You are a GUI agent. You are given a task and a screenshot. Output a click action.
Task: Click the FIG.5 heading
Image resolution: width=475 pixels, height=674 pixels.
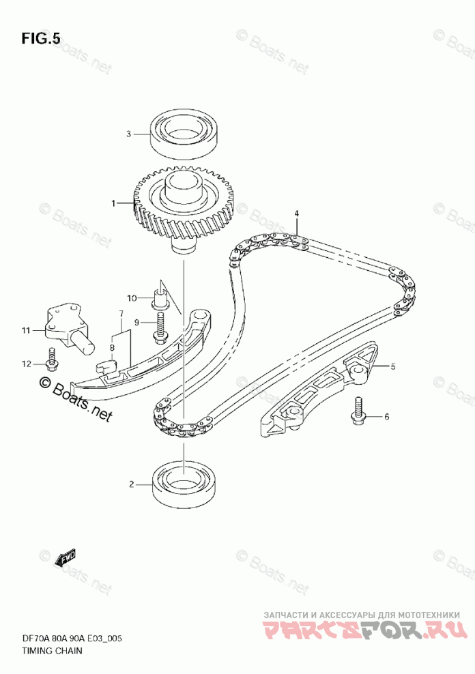pos(40,39)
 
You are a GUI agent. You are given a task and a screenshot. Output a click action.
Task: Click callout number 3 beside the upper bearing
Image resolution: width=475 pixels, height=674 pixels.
pos(128,134)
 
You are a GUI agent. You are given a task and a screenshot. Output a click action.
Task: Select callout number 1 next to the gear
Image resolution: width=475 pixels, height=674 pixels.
pos(115,203)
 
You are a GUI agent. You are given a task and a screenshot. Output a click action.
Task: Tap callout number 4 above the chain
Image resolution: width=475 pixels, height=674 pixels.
pos(297,214)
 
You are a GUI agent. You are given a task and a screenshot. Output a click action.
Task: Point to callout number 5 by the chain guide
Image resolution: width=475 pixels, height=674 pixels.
pos(392,367)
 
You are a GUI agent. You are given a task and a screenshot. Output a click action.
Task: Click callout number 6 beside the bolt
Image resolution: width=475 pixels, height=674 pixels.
pos(386,416)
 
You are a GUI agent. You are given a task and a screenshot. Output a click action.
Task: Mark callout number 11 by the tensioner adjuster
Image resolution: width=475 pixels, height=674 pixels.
pos(25,331)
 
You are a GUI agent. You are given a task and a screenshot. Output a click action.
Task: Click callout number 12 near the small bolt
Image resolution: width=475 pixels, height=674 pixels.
pos(26,364)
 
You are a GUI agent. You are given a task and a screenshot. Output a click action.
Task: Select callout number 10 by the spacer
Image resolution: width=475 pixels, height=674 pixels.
pos(132,297)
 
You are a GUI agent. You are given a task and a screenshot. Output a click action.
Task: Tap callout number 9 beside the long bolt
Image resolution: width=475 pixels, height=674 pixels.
pos(136,322)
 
